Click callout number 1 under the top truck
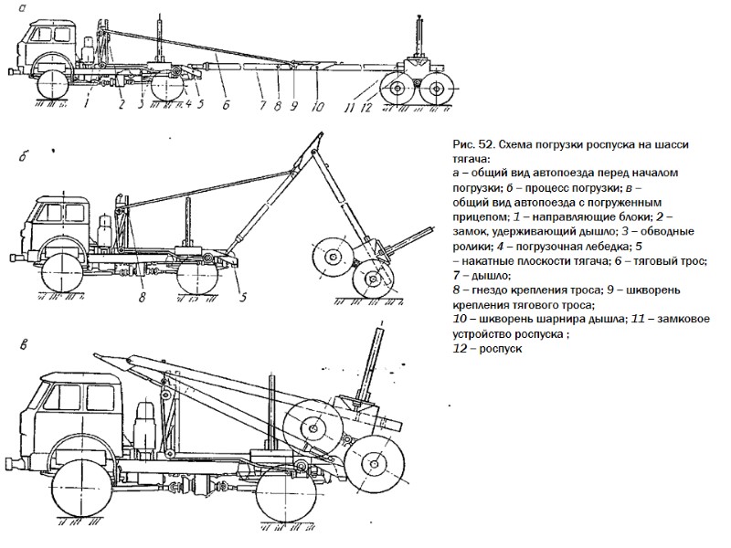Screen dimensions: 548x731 point(85,103)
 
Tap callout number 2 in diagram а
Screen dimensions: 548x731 point(121,103)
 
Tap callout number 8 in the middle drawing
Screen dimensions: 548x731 point(143,295)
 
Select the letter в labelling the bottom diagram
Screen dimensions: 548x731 point(25,344)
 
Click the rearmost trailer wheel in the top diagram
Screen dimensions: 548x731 point(439,90)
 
